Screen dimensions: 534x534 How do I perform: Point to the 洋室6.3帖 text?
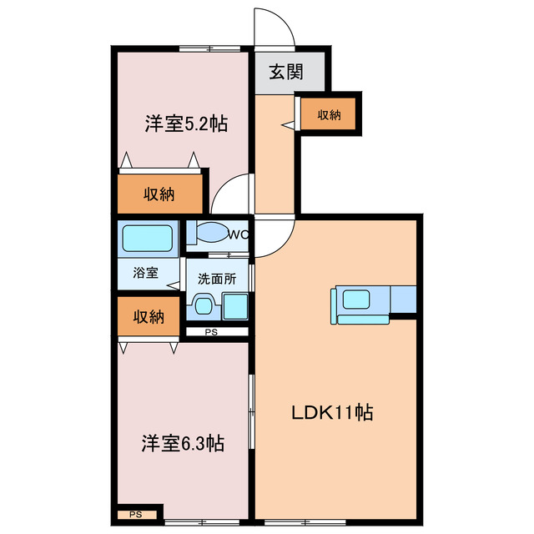pos(182,443)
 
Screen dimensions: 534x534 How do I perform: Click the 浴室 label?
pos(146,272)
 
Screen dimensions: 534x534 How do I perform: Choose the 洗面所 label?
pos(216,280)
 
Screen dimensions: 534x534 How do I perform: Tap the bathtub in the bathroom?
pos(148,239)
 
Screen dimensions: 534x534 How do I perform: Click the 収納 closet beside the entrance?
pos(331,115)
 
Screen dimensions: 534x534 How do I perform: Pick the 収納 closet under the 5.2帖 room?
pos(159,194)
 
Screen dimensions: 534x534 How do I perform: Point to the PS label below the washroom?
pos(211,333)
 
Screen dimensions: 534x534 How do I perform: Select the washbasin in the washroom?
pos(202,305)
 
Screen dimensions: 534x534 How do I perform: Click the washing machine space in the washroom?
pos(234,306)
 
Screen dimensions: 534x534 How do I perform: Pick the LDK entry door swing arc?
pos(276,234)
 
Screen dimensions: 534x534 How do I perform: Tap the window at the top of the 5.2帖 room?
pos(208,48)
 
